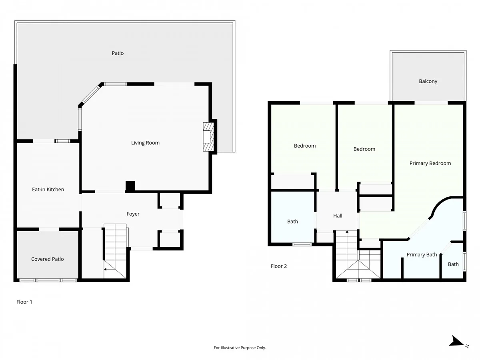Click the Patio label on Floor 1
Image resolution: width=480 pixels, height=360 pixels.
(x=118, y=53)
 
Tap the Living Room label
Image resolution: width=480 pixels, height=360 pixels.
(x=145, y=143)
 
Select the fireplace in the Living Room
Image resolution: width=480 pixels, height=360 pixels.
(x=208, y=137)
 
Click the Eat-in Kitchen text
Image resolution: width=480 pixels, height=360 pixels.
(x=48, y=189)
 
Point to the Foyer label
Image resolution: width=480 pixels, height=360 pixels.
(x=133, y=214)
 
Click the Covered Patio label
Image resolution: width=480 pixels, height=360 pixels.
(x=48, y=259)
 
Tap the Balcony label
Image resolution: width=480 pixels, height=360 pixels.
(x=428, y=81)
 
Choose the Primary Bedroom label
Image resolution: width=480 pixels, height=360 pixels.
(x=430, y=163)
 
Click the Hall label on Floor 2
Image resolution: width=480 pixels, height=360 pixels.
(x=338, y=216)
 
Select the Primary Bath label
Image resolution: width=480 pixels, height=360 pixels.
(x=422, y=255)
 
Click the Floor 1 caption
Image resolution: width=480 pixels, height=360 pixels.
(x=24, y=302)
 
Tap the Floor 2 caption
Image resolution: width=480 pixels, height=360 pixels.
(x=278, y=266)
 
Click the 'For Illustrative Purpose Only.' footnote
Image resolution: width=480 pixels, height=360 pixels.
(x=240, y=348)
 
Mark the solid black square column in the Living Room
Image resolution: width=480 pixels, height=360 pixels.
(x=130, y=186)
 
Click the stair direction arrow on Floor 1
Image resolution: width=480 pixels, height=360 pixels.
(x=109, y=269)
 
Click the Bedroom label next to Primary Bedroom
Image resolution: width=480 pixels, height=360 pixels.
(x=364, y=149)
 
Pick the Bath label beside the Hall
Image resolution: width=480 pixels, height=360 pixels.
(x=292, y=222)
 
